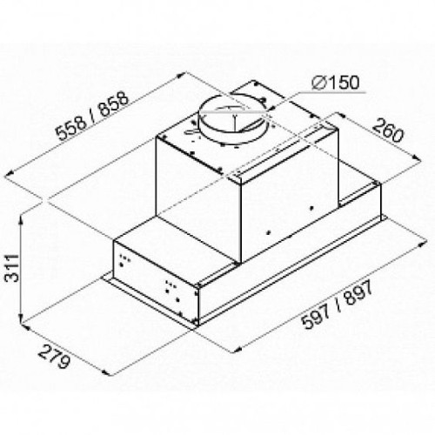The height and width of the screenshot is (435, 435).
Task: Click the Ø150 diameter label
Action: coord(336,83)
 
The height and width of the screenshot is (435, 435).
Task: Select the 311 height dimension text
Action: coord(12,268)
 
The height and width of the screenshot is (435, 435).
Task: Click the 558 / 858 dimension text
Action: coord(92,116)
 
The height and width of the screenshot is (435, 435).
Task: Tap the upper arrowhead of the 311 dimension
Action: coord(21,219)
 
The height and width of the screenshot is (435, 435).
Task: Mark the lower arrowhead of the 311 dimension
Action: coord(21,319)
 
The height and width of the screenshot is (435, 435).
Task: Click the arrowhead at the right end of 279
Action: coord(106,372)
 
